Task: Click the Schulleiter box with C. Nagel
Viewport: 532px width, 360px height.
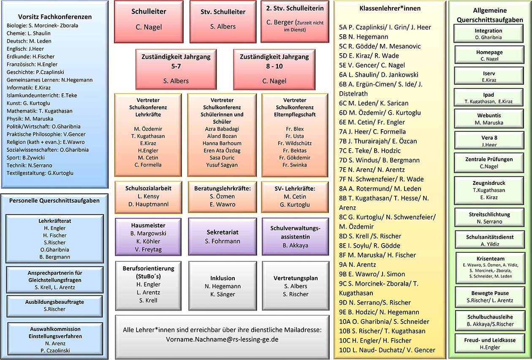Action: coord(149,22)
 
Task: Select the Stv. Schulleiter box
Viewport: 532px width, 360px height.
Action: coord(223,22)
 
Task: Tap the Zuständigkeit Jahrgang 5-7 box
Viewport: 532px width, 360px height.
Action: coord(176,69)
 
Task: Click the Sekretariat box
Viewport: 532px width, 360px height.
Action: coord(223,237)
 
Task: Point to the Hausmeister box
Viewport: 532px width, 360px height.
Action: coord(148,237)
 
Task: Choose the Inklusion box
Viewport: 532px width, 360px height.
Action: coord(223,286)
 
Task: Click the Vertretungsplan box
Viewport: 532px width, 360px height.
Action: coord(296,286)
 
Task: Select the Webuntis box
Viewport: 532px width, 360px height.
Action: coord(489,119)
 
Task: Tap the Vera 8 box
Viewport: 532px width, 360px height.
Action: coord(489,141)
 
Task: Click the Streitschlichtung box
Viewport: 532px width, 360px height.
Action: coord(489,217)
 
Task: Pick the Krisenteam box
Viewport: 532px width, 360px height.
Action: coord(490,268)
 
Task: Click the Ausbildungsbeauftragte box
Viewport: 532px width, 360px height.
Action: coord(54,306)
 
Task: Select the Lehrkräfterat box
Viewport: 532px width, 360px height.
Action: coord(54,238)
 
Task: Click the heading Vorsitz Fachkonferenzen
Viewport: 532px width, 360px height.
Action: coord(55,16)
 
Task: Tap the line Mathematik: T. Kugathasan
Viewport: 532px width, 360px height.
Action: coord(39,111)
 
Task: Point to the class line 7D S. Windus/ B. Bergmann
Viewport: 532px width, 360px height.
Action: coord(379,160)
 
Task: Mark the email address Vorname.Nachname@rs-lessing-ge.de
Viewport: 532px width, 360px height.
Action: coord(222,339)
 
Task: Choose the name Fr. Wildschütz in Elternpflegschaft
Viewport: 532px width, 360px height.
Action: coord(295,143)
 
